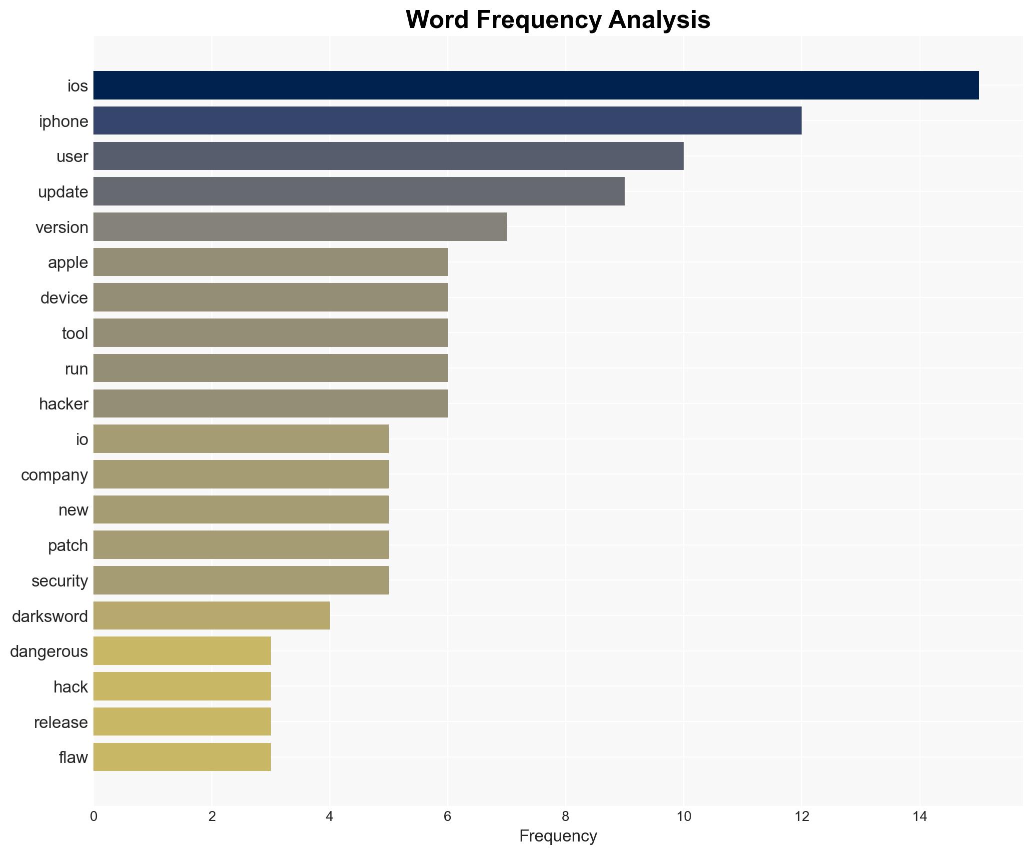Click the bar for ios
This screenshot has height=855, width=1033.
536,85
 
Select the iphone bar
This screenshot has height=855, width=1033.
447,120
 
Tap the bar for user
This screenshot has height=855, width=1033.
388,156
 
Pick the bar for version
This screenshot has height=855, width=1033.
300,227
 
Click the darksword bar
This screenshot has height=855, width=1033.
211,615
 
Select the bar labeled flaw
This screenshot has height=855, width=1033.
182,757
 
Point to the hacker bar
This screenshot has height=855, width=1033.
270,403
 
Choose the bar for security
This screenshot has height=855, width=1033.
241,580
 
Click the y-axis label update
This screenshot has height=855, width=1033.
63,192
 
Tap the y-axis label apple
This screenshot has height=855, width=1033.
68,262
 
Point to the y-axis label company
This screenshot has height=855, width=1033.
54,474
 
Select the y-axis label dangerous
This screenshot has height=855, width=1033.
49,651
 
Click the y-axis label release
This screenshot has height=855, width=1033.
61,722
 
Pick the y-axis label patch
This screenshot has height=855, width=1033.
68,545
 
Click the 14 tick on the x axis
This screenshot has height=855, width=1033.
920,816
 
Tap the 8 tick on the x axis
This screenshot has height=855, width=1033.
565,816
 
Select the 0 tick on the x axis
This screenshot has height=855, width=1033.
94,816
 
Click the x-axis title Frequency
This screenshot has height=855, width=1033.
558,836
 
